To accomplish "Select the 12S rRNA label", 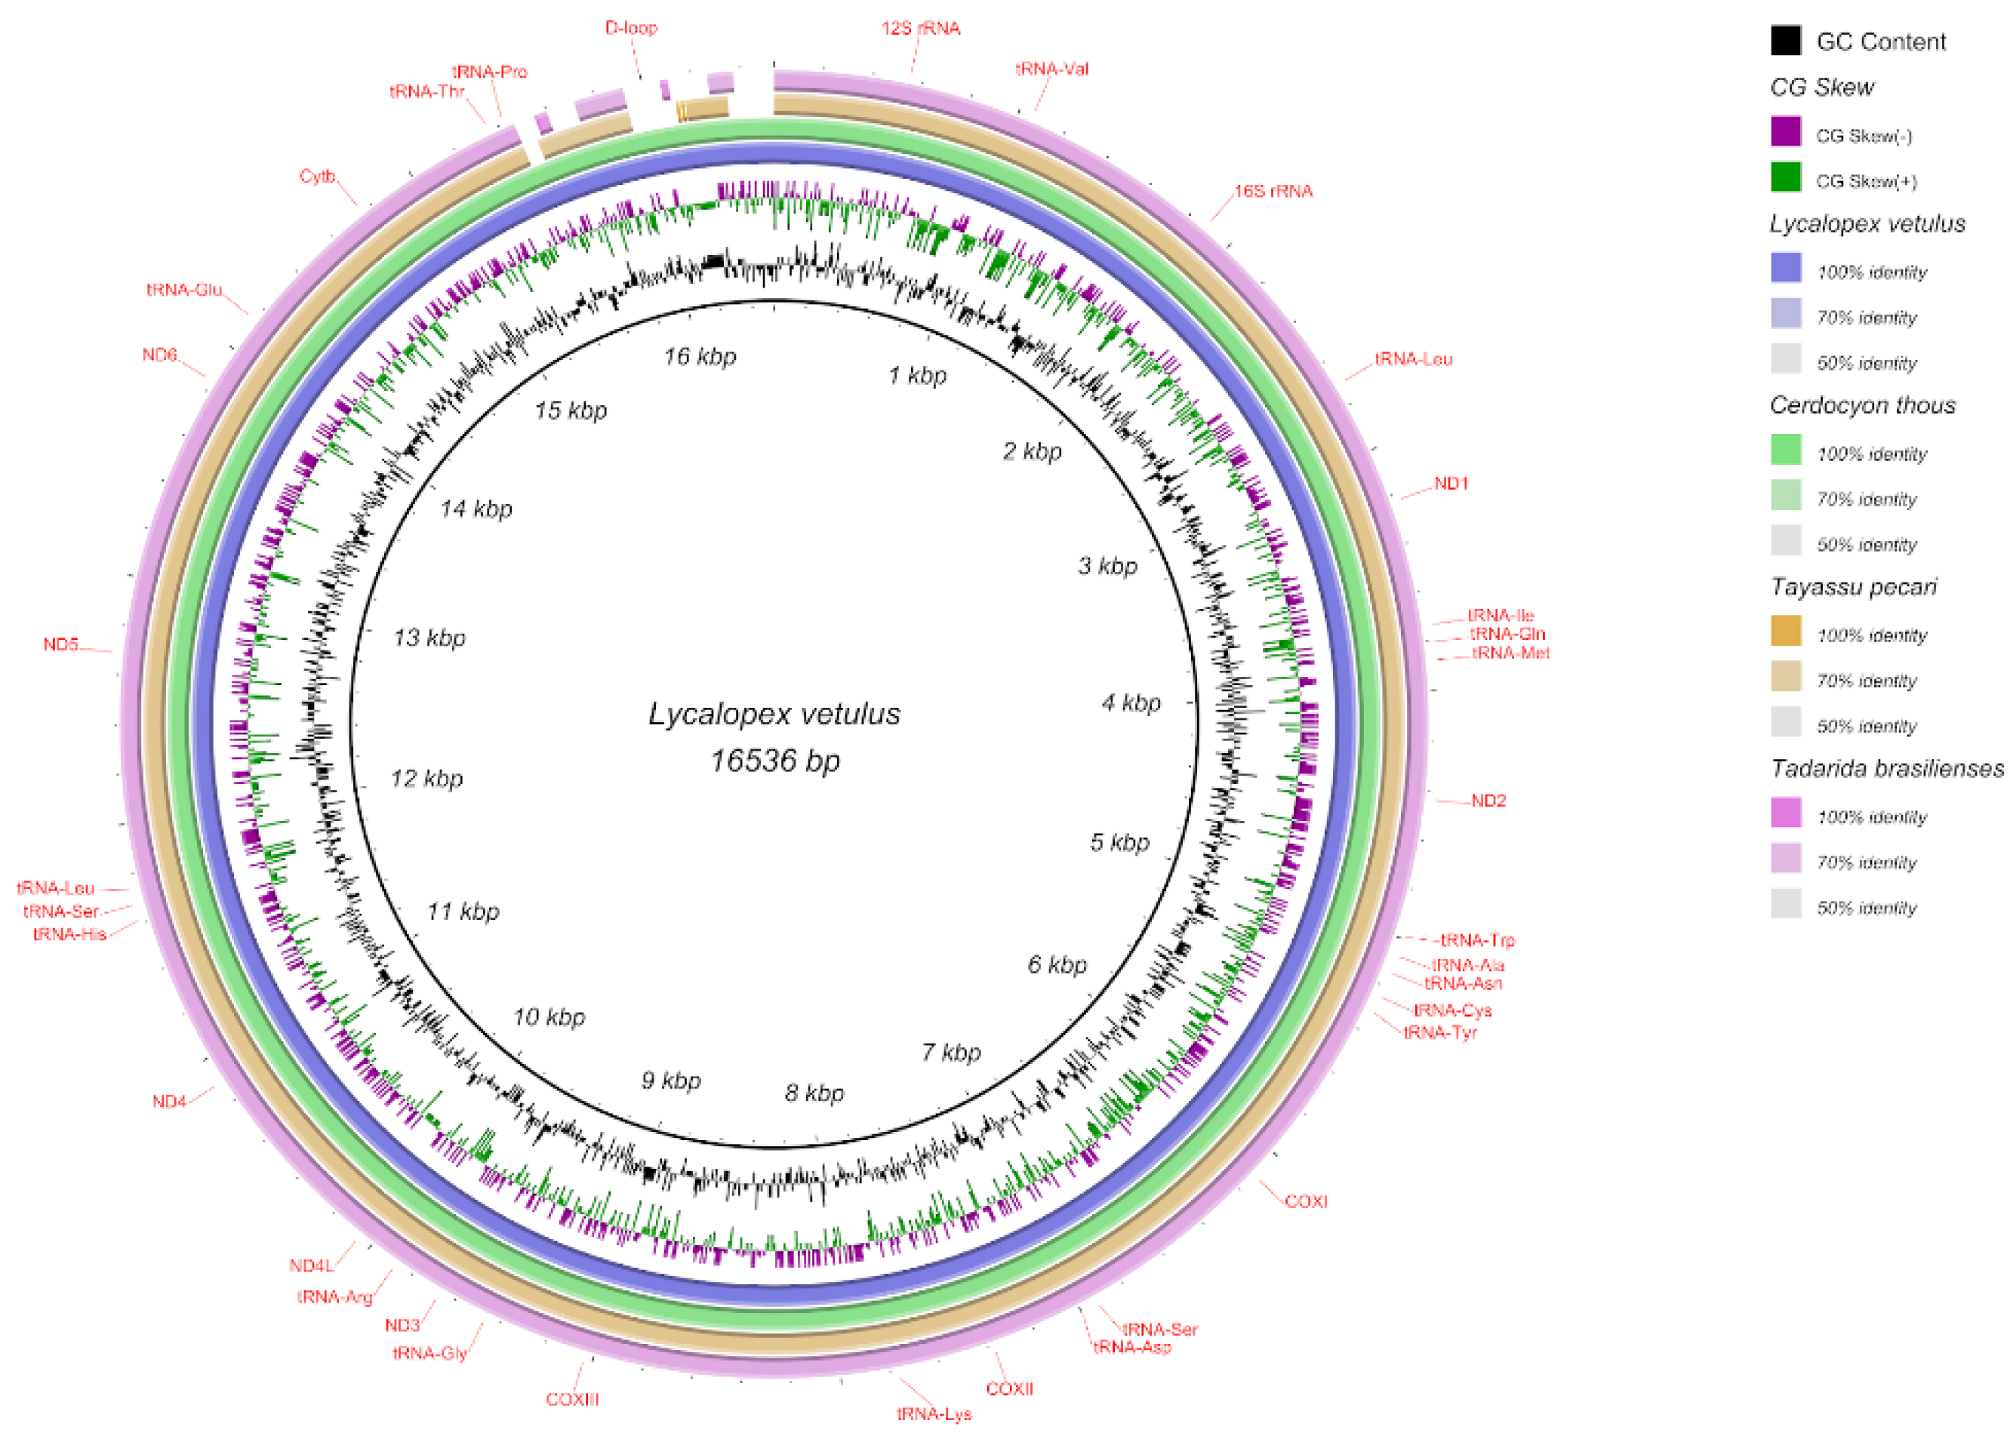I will [921, 29].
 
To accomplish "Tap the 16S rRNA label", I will [1273, 192].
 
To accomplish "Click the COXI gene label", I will [1306, 1201].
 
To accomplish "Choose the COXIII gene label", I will [573, 1400].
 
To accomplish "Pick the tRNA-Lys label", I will [934, 1414].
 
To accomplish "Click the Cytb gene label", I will [317, 177].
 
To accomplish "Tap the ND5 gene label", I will [61, 644].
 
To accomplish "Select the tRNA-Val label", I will [1052, 69].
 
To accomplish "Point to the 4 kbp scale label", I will [1131, 703].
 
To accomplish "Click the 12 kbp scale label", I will [426, 779].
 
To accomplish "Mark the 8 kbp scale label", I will [814, 1093].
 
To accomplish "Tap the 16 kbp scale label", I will [700, 357].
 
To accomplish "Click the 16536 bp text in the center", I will [774, 761].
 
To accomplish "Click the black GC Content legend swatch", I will [1786, 41].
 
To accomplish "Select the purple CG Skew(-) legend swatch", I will [1786, 132].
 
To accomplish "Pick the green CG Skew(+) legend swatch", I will [1786, 177].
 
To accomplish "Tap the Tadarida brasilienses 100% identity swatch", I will [1786, 813].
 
